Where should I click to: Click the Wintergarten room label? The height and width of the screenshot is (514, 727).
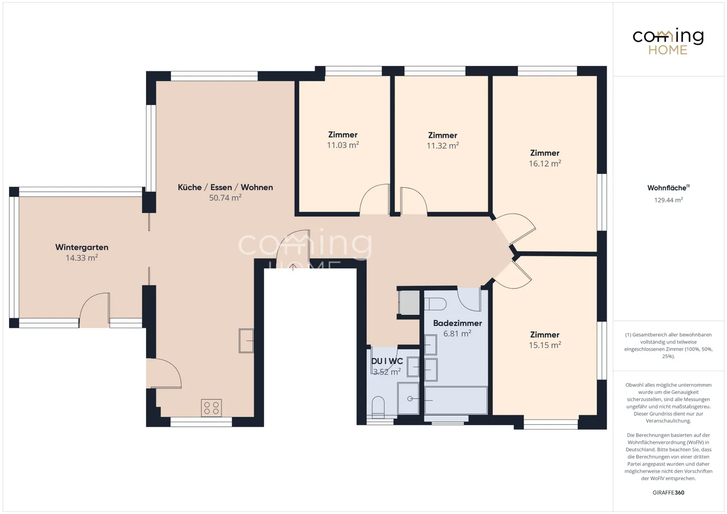[x=82, y=247]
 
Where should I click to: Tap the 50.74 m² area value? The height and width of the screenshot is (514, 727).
[x=225, y=198]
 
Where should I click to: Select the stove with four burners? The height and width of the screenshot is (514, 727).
[x=211, y=408]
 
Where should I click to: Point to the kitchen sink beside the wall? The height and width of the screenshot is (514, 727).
[x=246, y=340]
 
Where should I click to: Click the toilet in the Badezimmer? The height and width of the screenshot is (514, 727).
[x=435, y=304]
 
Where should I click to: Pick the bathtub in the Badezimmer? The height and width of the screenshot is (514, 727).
[x=456, y=400]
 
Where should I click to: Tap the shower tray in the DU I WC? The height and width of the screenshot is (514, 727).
[x=408, y=398]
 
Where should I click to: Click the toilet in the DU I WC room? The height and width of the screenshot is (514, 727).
[x=378, y=406]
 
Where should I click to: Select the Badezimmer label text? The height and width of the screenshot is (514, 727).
[x=457, y=323]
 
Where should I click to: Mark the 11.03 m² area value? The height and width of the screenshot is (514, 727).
[x=343, y=145]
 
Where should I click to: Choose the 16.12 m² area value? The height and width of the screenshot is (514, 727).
[x=545, y=163]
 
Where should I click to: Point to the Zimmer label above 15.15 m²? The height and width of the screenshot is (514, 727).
[x=545, y=334]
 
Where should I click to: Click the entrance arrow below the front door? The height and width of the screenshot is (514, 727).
[x=293, y=267]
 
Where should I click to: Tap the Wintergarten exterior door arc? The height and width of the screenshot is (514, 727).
[x=94, y=307]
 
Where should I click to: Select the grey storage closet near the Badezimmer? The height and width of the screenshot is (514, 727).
[x=409, y=303]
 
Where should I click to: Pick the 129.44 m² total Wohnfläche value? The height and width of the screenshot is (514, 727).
[x=668, y=200]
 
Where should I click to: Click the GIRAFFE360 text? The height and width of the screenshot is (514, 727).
[x=668, y=492]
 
